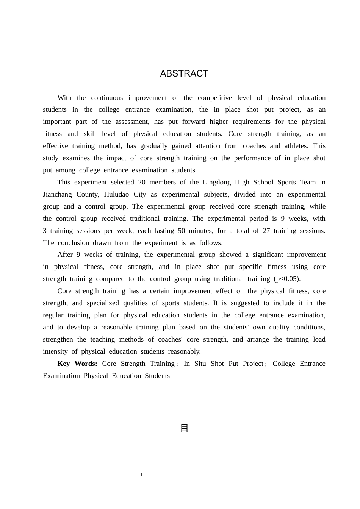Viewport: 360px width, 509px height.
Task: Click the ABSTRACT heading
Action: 184,73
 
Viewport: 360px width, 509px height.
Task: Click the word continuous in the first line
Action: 107,98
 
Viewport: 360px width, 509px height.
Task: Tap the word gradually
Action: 154,146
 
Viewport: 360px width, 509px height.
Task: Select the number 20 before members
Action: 142,182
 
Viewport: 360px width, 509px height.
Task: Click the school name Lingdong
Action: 216,182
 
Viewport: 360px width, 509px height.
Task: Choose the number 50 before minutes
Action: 182,231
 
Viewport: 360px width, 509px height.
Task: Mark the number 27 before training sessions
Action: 266,231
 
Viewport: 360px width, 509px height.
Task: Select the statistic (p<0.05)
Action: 287,279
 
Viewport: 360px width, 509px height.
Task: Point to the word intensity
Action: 55,351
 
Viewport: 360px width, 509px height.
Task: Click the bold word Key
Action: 64,364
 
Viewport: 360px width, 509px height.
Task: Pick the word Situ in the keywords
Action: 200,364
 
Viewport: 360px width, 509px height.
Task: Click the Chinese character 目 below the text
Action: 184,428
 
